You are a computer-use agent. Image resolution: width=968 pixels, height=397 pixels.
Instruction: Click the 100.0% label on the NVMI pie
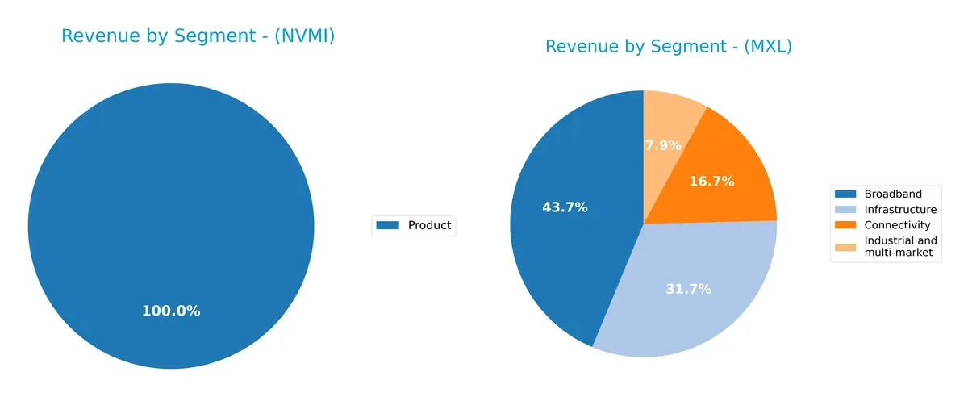pos(171,311)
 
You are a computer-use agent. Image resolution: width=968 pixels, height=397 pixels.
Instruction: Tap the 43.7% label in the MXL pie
pos(565,207)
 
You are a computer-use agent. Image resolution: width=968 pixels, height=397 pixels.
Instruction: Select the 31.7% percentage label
pos(688,289)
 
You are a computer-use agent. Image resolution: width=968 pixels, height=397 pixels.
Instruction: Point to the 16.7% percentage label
pos(711,182)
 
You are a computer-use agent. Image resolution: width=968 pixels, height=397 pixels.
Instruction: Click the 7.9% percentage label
pos(663,146)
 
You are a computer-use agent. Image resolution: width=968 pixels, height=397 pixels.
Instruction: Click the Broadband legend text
pos(892,194)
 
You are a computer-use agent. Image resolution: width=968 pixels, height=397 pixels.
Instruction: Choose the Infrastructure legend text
pos(900,209)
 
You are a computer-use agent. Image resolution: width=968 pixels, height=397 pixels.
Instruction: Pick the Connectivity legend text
pos(897,224)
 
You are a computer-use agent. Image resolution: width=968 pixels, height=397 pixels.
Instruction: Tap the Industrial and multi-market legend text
pos(900,247)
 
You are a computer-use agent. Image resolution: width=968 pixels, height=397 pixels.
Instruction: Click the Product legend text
pos(429,225)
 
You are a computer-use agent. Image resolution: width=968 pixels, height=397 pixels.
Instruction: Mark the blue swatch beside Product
pos(389,225)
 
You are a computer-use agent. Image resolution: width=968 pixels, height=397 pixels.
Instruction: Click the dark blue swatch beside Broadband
pos(845,194)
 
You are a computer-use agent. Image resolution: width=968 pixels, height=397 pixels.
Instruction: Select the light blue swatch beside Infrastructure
pos(845,209)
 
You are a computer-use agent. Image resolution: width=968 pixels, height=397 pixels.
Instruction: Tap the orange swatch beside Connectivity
pos(845,224)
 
